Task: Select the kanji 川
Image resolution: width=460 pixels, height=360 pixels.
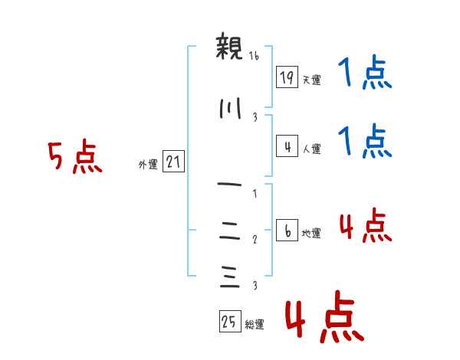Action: [x=229, y=110]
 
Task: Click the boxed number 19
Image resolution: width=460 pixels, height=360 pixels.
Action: [x=287, y=77]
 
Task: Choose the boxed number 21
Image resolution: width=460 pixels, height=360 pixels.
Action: [x=173, y=162]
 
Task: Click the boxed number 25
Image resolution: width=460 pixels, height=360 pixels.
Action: [x=229, y=322]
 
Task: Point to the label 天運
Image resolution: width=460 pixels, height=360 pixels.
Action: [x=310, y=79]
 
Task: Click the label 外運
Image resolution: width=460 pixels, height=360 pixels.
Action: [x=147, y=164]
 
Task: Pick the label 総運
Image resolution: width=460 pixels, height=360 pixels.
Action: [x=254, y=324]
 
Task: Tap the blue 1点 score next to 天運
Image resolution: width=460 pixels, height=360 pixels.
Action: [x=365, y=74]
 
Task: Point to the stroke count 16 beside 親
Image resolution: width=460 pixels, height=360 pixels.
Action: [x=255, y=56]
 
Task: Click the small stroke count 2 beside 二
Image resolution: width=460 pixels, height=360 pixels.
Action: [x=255, y=240]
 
